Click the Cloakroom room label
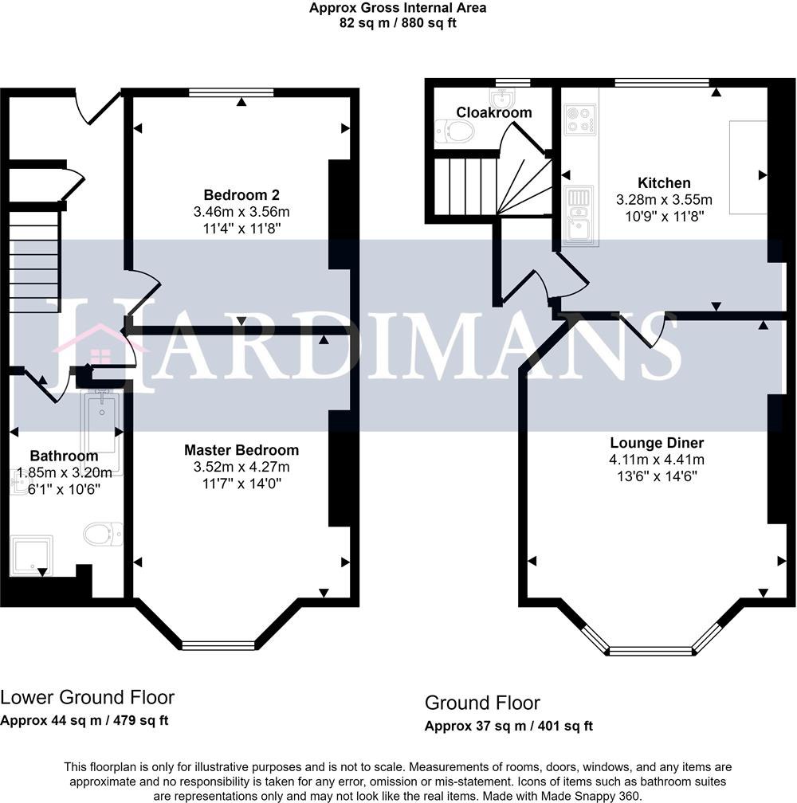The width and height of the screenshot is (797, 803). click(x=494, y=112)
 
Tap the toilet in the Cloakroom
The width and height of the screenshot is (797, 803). click(x=454, y=131)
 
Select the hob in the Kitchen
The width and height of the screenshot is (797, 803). click(x=580, y=119)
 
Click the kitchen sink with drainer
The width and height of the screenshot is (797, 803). click(x=579, y=215)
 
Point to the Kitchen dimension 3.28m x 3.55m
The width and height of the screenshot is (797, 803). click(x=664, y=199)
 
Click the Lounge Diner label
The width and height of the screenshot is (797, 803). click(x=657, y=442)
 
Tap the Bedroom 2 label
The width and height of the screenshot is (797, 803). click(x=241, y=194)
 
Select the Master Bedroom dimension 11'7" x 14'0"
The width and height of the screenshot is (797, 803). click(x=241, y=483)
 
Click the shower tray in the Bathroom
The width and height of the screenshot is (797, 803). click(x=31, y=555)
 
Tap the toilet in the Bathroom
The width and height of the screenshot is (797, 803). click(x=103, y=534)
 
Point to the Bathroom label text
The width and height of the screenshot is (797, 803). click(x=64, y=456)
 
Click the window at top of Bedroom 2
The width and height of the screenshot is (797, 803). click(x=231, y=92)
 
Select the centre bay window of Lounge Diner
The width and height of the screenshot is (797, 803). click(x=650, y=651)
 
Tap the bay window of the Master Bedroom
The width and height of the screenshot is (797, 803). click(x=218, y=646)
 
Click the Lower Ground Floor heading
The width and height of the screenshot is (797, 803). click(x=87, y=697)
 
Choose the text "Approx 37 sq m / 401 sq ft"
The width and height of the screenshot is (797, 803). click(x=508, y=726)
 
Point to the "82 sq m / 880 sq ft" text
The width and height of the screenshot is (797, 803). click(x=398, y=22)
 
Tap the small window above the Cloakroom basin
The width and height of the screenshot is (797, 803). click(x=513, y=82)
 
